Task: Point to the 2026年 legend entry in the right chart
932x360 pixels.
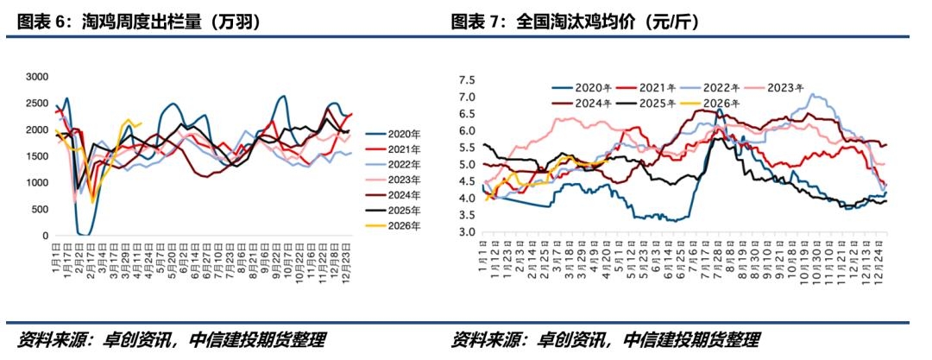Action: pos(721,103)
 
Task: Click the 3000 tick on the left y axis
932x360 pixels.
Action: pos(36,77)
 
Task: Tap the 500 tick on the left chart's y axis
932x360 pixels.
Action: pos(40,209)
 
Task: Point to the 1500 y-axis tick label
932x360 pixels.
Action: pos(36,156)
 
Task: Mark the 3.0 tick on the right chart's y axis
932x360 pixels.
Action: pos(467,232)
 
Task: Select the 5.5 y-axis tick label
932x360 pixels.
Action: pos(467,148)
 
